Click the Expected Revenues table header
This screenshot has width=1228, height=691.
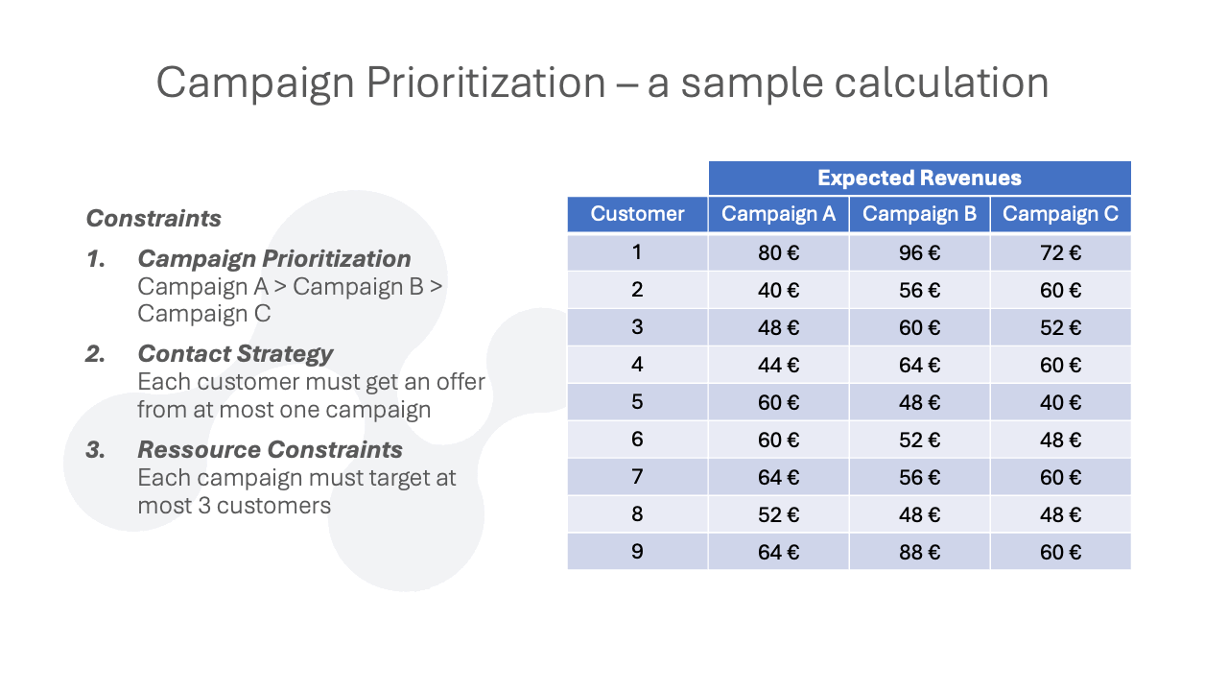(x=919, y=178)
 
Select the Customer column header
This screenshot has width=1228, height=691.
(x=637, y=214)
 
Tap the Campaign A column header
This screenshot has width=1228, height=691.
(x=778, y=214)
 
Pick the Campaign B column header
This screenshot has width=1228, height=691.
(x=919, y=214)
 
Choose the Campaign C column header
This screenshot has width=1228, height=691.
(x=1061, y=214)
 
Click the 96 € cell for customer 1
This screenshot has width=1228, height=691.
(x=919, y=252)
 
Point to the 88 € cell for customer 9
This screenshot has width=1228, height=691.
(x=919, y=552)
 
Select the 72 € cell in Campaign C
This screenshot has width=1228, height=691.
(x=1061, y=252)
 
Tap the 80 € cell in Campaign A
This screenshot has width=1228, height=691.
(x=778, y=252)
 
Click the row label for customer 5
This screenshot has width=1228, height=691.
(x=637, y=402)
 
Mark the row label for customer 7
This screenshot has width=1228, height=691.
(x=637, y=477)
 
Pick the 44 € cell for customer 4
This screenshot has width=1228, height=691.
(x=778, y=365)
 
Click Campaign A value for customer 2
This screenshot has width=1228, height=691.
(x=778, y=290)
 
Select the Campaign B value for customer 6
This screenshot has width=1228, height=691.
(x=919, y=440)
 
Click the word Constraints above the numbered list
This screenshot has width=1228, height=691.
(x=153, y=218)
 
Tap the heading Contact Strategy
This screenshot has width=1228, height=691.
(x=235, y=354)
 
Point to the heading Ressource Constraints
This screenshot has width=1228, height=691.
(x=270, y=450)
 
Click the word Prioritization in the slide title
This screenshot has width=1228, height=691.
(x=485, y=83)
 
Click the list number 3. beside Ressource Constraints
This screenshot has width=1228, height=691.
(x=95, y=450)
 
